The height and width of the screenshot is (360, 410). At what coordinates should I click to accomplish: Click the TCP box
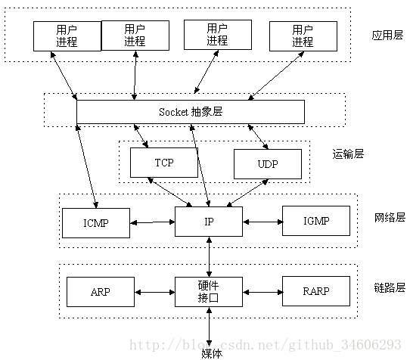(x=163, y=163)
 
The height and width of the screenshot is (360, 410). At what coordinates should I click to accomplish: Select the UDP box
(x=267, y=163)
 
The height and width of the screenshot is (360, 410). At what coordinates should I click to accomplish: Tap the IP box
(x=209, y=221)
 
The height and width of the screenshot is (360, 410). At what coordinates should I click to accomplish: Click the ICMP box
(x=95, y=222)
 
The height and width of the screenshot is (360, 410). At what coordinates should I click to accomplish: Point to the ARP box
(x=101, y=291)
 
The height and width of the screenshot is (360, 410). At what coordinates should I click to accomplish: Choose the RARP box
(x=316, y=290)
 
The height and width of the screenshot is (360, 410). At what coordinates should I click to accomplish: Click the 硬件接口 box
(x=209, y=291)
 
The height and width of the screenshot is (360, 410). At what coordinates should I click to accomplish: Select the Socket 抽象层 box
(x=190, y=111)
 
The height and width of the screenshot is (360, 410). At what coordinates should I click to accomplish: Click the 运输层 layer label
(x=348, y=154)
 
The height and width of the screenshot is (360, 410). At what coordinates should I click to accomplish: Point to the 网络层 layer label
(x=390, y=217)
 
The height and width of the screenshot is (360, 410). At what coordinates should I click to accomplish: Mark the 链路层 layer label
(x=390, y=287)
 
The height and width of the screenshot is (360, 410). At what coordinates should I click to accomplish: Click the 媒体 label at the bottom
(x=212, y=352)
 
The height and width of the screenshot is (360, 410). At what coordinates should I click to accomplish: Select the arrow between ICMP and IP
(x=152, y=222)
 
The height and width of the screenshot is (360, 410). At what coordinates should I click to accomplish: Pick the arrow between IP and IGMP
(x=262, y=222)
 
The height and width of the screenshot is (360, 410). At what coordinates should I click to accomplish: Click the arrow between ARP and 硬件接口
(x=154, y=291)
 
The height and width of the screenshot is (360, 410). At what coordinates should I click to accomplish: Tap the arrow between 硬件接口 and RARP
(x=262, y=291)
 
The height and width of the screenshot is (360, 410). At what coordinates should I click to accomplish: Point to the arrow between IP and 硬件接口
(x=209, y=256)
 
